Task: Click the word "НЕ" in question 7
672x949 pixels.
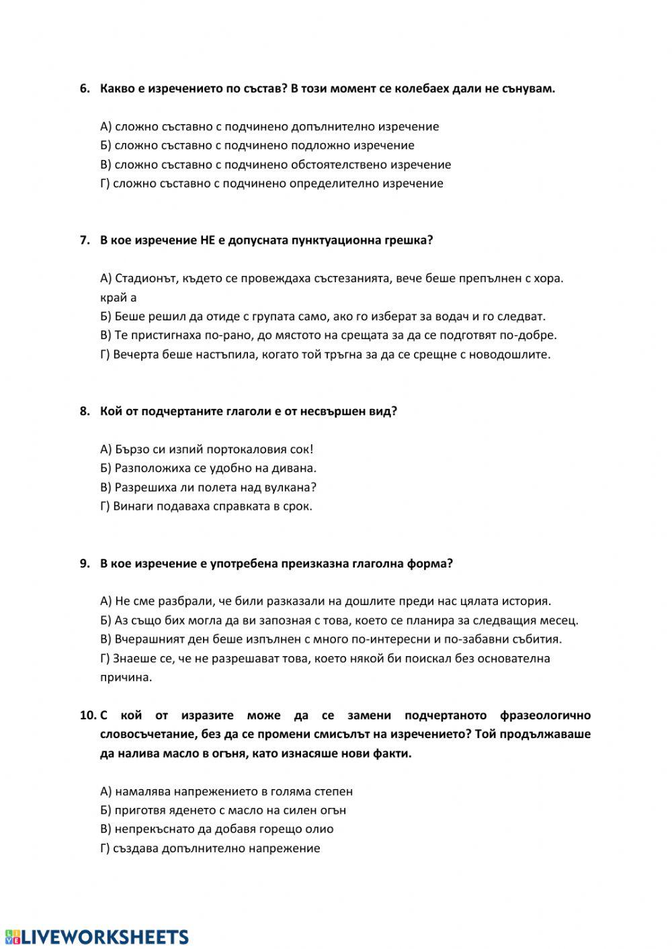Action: (208, 240)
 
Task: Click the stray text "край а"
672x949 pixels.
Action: (118, 298)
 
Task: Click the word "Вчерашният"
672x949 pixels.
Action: (149, 639)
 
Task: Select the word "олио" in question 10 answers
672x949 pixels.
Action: (320, 829)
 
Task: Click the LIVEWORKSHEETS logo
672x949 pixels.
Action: (97, 937)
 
